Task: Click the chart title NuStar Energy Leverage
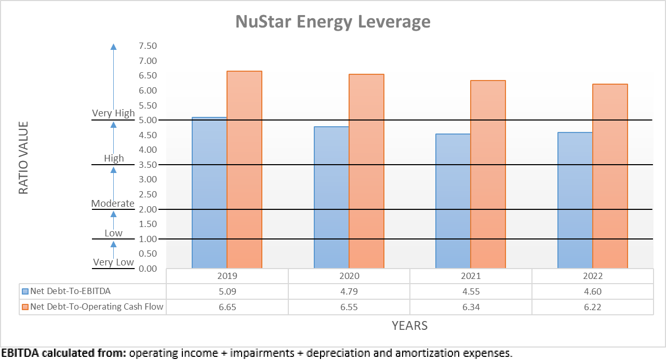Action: [332, 22]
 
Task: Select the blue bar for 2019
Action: [209, 192]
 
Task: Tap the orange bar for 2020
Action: [366, 171]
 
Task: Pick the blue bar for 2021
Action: [453, 201]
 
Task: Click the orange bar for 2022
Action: [610, 177]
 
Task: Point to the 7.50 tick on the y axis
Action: [148, 46]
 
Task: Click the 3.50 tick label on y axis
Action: [148, 165]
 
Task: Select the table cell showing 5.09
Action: [227, 291]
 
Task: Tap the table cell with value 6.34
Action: [471, 306]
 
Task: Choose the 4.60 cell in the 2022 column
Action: [592, 291]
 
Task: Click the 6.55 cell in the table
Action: [349, 306]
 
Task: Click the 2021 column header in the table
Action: [471, 276]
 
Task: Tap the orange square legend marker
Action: [25, 306]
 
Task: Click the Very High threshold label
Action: [113, 113]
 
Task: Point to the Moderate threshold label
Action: [113, 203]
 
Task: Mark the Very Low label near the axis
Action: [113, 262]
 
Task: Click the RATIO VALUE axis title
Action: [23, 158]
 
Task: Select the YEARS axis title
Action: [409, 326]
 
